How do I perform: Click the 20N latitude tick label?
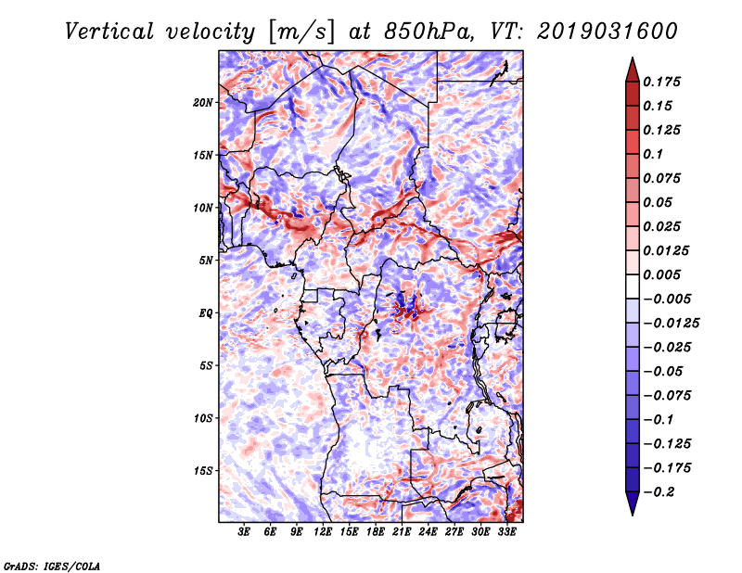point(203,102)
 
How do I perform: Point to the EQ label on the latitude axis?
point(206,313)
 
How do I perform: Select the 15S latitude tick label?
point(203,471)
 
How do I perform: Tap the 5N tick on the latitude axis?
point(206,261)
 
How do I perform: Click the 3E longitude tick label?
point(245,533)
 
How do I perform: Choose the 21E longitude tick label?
point(402,533)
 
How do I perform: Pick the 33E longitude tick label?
point(506,533)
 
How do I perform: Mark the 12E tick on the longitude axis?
point(323,533)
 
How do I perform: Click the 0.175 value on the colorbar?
point(664,82)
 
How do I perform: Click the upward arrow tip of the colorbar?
point(632,59)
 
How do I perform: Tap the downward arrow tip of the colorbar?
point(632,513)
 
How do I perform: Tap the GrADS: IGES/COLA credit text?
point(51,565)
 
